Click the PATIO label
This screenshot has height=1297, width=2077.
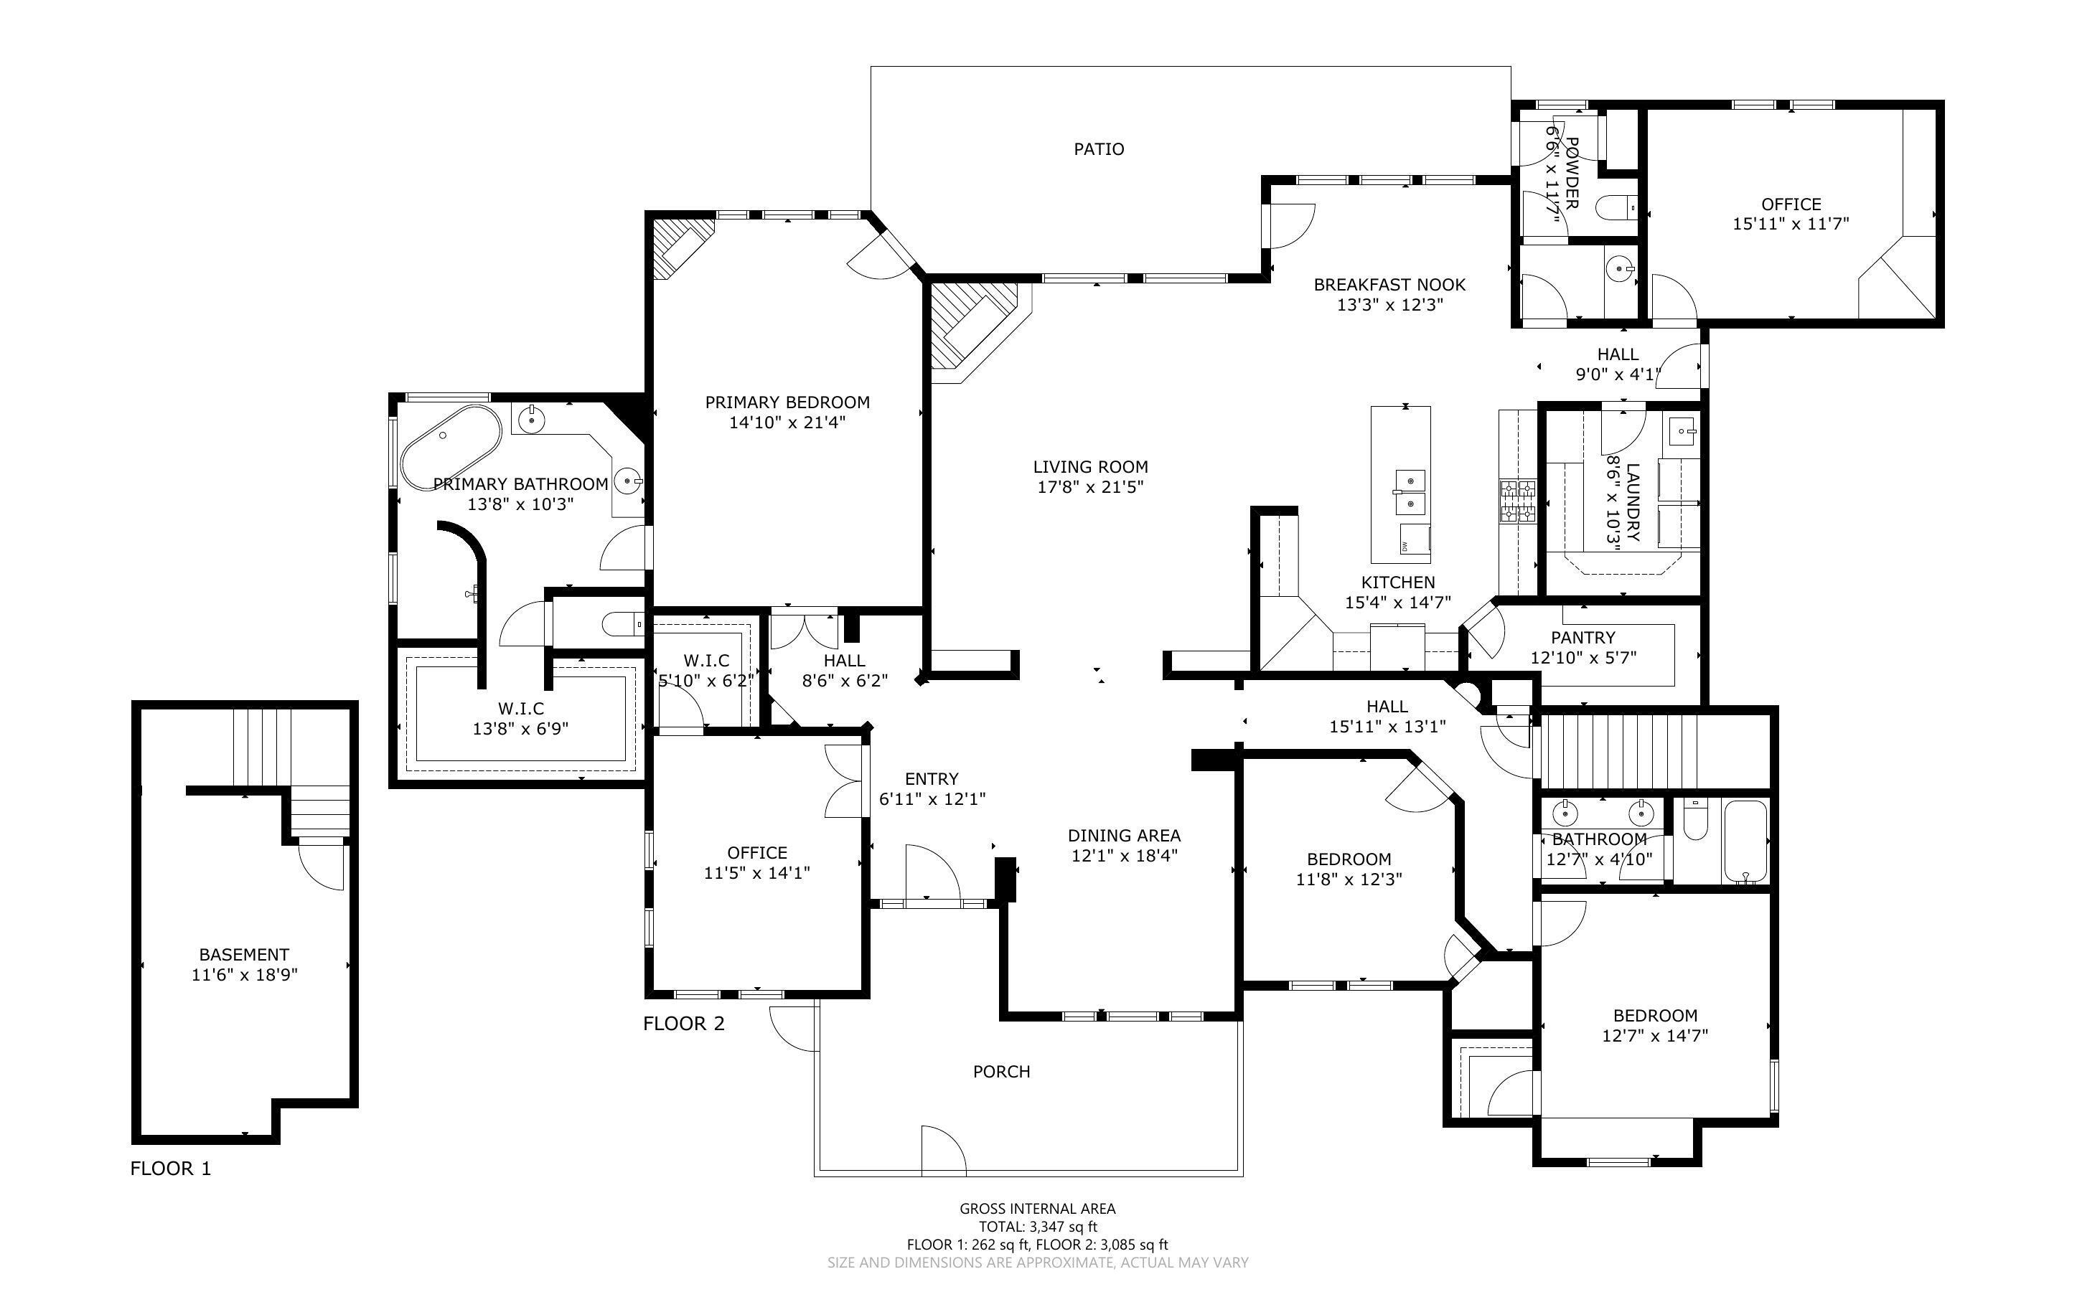coord(1098,149)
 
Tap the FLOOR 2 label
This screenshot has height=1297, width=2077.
coord(684,1024)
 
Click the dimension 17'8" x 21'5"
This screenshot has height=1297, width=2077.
coord(1089,487)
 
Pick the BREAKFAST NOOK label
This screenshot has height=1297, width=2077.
coord(1389,285)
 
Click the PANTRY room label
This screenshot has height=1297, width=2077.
coord(1583,637)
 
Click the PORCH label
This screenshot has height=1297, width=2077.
coord(1001,1072)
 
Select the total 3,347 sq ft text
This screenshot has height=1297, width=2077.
coord(1037,1227)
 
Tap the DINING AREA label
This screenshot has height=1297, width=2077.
coord(1124,836)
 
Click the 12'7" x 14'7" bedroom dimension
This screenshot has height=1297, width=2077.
coord(1654,1035)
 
